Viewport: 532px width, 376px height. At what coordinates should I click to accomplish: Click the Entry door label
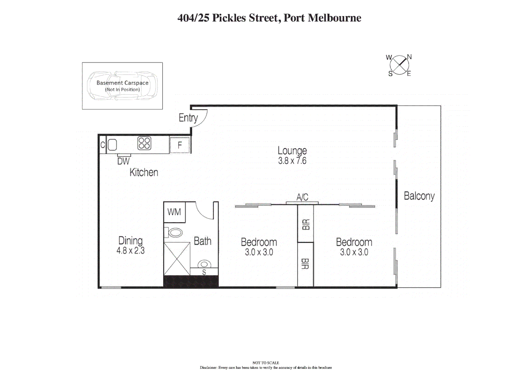click(x=188, y=118)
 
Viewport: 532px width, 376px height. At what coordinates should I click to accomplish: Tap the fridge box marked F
click(x=180, y=145)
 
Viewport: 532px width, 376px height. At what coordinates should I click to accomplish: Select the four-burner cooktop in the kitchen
click(x=144, y=143)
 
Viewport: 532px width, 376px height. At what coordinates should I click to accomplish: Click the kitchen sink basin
click(x=112, y=145)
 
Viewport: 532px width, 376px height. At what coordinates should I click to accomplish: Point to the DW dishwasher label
click(x=123, y=161)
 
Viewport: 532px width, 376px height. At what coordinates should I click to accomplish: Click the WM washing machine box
click(x=174, y=212)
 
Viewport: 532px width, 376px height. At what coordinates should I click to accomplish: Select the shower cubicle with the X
click(x=177, y=259)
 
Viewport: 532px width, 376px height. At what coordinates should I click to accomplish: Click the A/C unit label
click(x=302, y=197)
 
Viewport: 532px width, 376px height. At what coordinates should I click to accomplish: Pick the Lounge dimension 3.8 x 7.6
click(x=292, y=161)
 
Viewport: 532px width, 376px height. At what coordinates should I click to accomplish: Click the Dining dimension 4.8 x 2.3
click(x=131, y=251)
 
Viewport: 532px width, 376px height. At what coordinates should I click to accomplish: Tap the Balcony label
click(x=419, y=196)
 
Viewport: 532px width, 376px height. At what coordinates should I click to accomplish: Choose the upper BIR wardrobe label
click(x=306, y=225)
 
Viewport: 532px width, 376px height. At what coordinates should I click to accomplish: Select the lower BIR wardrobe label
click(x=305, y=264)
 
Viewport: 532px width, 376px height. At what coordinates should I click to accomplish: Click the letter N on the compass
click(x=409, y=57)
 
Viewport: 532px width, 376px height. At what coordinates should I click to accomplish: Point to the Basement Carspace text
click(x=123, y=83)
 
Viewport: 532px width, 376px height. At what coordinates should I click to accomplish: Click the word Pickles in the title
click(x=229, y=18)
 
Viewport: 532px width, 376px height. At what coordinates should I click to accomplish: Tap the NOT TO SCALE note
click(x=266, y=363)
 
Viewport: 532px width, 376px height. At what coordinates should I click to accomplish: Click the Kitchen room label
click(x=144, y=172)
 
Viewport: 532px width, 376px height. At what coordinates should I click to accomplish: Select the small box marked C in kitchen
click(x=103, y=145)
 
